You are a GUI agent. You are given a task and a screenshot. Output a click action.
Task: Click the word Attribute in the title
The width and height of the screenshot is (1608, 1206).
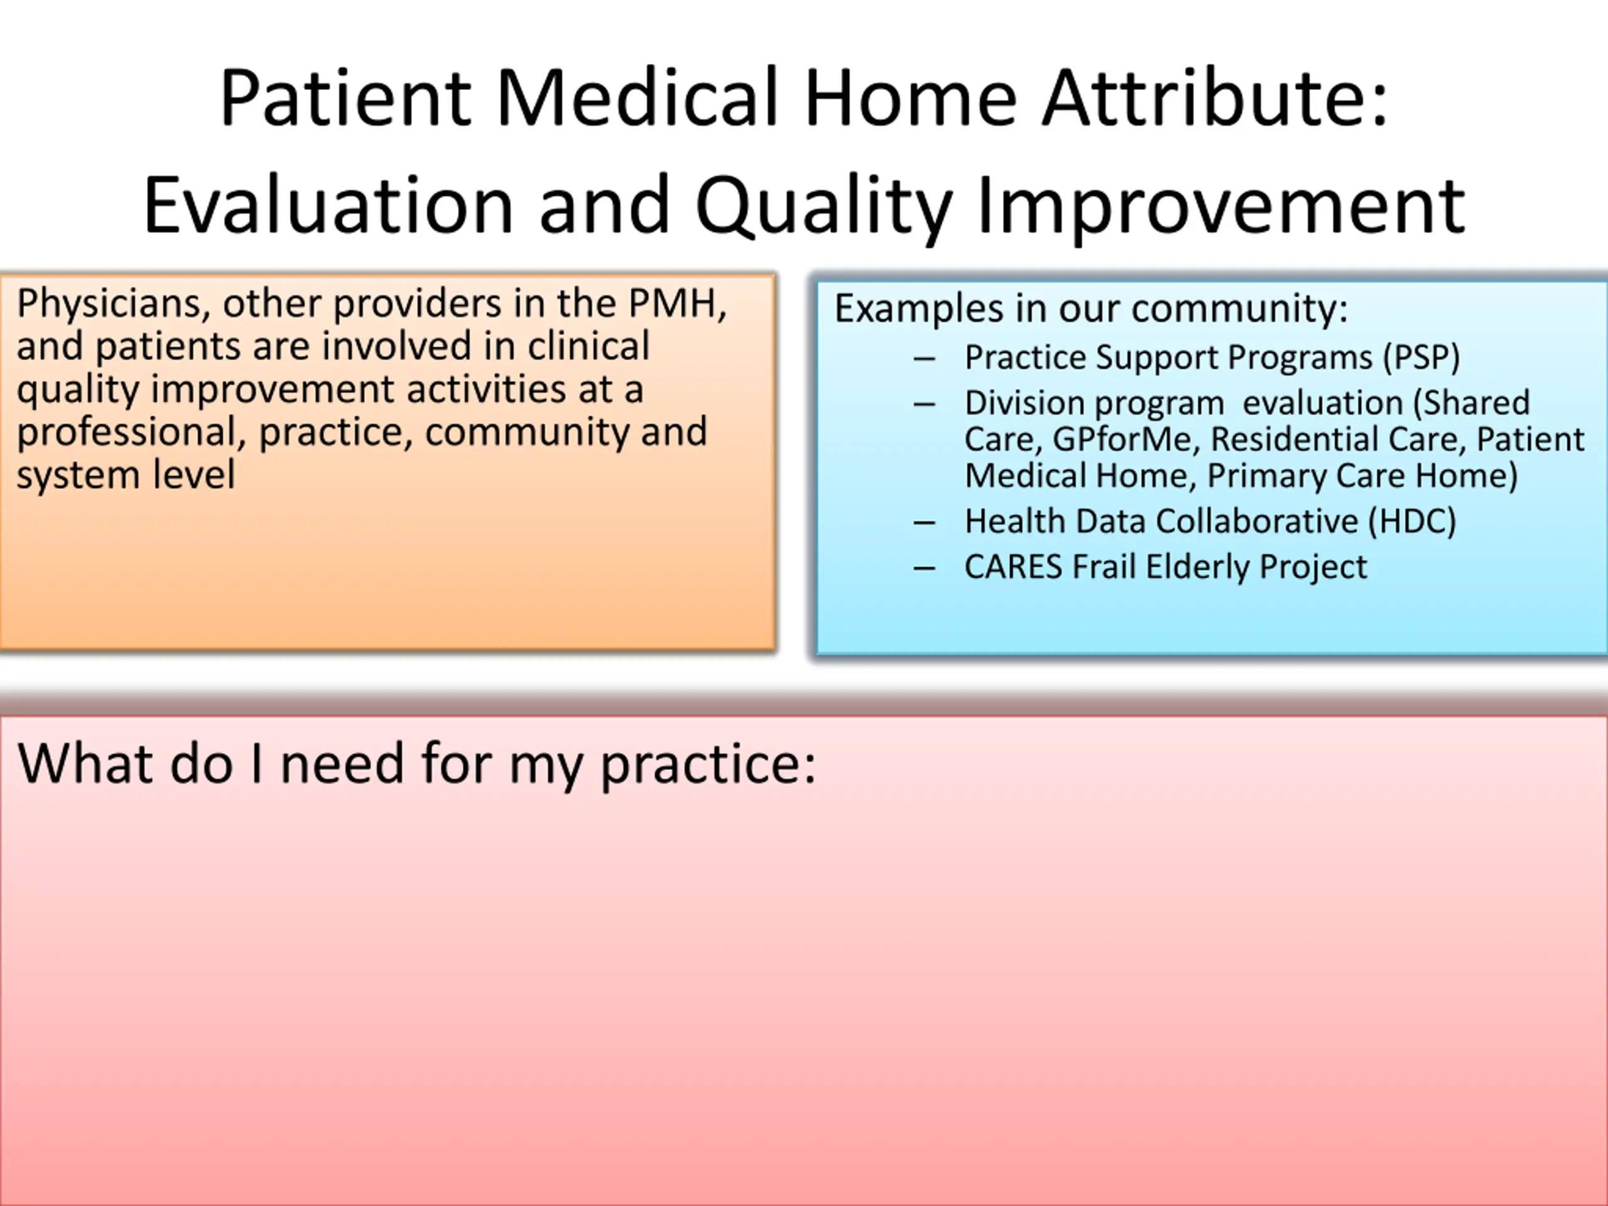tap(1215, 98)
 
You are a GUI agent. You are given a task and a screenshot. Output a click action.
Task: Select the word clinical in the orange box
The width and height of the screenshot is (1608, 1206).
tap(588, 345)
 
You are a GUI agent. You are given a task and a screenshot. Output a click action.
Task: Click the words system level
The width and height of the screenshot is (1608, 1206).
tap(126, 475)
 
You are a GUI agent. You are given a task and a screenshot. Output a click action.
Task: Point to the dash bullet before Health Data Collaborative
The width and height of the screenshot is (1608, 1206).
tap(924, 523)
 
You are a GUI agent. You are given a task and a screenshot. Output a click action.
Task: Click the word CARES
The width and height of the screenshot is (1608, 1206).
tap(1013, 567)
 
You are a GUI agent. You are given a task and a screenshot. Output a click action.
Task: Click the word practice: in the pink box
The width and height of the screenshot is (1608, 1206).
tap(708, 766)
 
